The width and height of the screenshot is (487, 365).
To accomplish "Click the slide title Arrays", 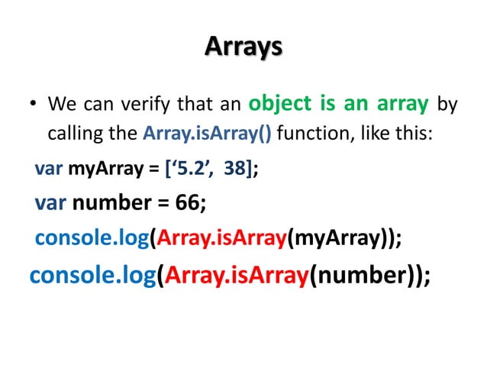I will coord(243,47).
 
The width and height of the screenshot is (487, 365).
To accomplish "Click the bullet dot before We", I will coord(33,104).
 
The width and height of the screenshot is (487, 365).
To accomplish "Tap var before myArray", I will coord(50,170).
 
